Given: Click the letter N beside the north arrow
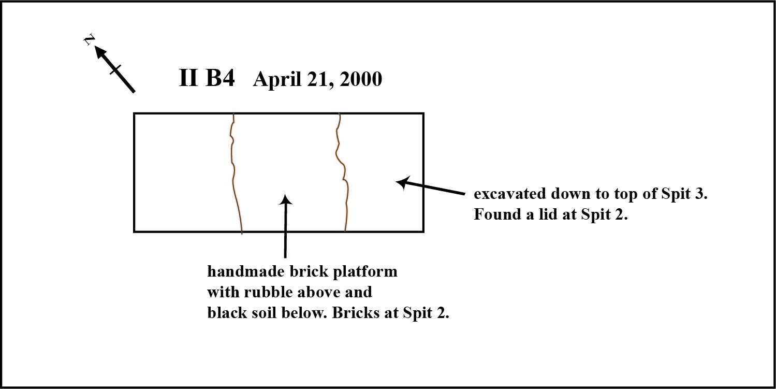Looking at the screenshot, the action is [x=89, y=39].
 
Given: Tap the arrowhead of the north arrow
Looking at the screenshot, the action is [x=101, y=53].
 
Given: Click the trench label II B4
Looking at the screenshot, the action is [x=207, y=78].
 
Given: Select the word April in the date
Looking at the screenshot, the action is [x=277, y=80].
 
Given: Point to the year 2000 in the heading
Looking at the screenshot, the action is [x=361, y=79].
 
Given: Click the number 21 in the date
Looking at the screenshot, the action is [x=319, y=79].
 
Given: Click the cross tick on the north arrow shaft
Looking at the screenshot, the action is [x=116, y=69].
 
